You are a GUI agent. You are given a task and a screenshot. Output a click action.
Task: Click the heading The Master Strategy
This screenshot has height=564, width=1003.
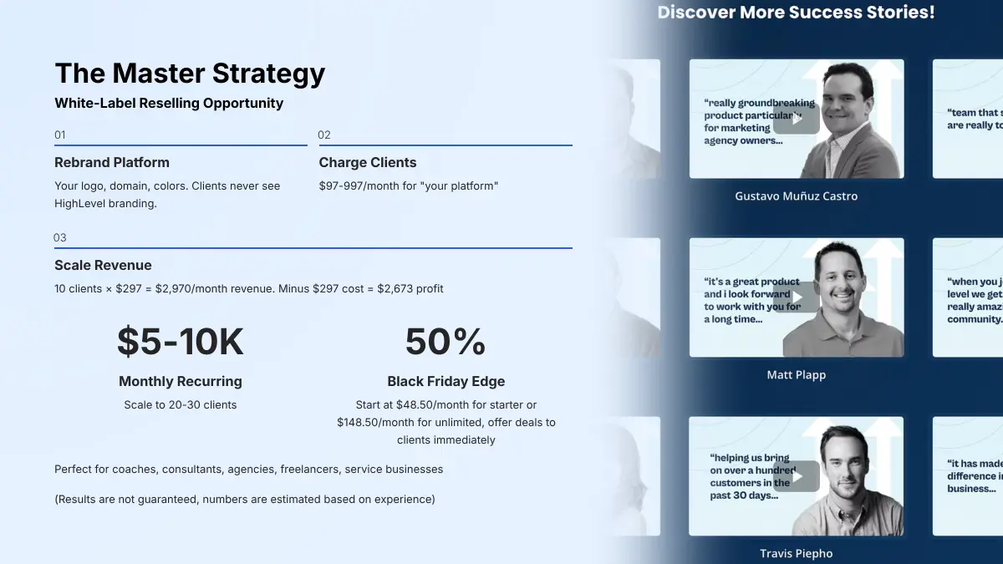pyautogui.click(x=190, y=74)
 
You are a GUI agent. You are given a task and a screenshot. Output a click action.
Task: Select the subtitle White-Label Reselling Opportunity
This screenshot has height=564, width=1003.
pyautogui.click(x=169, y=104)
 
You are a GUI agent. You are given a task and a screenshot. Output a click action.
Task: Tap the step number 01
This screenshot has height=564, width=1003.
pyautogui.click(x=60, y=135)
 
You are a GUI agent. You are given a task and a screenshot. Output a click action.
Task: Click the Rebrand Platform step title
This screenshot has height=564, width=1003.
pyautogui.click(x=112, y=162)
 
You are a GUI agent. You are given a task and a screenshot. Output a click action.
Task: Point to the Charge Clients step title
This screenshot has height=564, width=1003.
pyautogui.click(x=368, y=162)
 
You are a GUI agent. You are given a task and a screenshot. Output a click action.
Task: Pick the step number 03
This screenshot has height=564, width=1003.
pyautogui.click(x=60, y=237)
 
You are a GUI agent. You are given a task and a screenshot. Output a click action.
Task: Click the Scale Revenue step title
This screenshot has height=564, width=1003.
pyautogui.click(x=103, y=265)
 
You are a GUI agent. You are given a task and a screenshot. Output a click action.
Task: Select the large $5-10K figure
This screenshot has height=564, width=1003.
pyautogui.click(x=181, y=341)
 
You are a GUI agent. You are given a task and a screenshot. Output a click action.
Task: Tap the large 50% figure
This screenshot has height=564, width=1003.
pyautogui.click(x=445, y=341)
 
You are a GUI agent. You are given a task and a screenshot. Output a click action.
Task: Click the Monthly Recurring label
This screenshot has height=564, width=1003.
pyautogui.click(x=181, y=381)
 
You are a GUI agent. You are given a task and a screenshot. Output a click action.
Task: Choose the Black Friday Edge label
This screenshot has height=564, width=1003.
pyautogui.click(x=445, y=381)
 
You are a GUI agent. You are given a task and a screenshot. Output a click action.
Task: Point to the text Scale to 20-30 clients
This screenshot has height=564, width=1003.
pyautogui.click(x=181, y=405)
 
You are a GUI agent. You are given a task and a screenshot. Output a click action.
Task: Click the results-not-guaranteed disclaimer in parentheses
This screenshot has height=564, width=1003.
pyautogui.click(x=245, y=500)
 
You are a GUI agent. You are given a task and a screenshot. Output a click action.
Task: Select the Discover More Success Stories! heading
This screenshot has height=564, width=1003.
pyautogui.click(x=796, y=13)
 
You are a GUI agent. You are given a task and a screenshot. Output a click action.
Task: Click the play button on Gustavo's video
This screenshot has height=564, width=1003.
pyautogui.click(x=796, y=119)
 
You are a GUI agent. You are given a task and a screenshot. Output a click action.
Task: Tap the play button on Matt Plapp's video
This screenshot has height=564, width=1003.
pyautogui.click(x=796, y=297)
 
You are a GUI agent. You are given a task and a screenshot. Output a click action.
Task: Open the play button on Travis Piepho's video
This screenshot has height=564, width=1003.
pyautogui.click(x=796, y=476)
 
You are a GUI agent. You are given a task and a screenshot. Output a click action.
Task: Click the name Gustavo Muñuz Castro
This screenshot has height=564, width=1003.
pyautogui.click(x=796, y=196)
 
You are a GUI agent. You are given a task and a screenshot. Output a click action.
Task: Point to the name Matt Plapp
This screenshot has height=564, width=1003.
pyautogui.click(x=796, y=375)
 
